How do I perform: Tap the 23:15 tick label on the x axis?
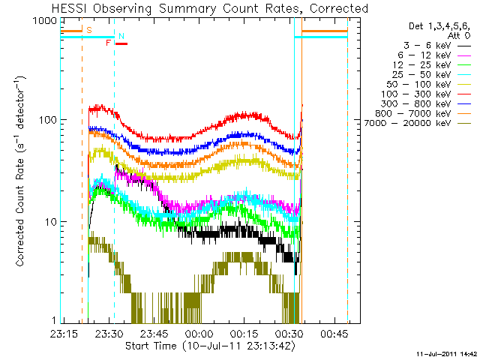coord(63,334)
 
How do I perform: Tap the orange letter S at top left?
coord(89,30)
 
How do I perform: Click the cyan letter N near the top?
coord(121,36)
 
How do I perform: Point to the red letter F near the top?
coord(108,43)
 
